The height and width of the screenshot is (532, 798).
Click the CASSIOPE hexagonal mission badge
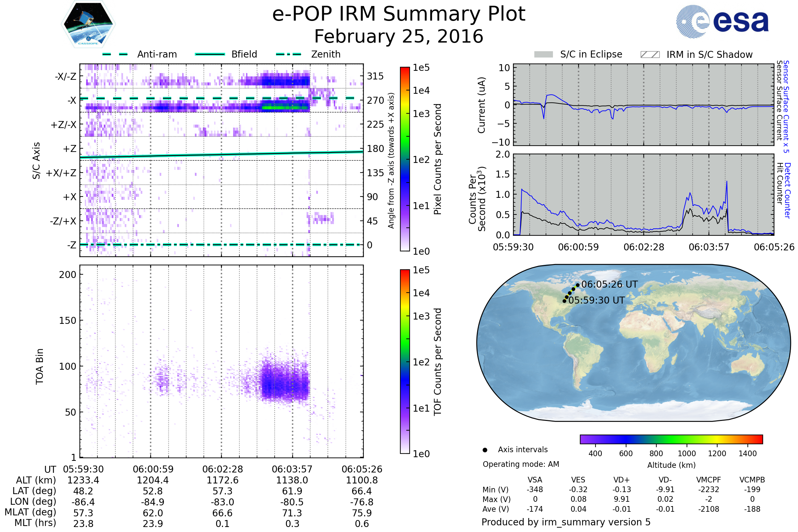[x=88, y=24]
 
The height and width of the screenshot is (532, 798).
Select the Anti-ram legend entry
[x=157, y=54]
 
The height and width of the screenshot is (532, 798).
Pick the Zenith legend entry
[x=326, y=54]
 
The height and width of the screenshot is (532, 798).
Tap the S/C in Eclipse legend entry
[x=591, y=54]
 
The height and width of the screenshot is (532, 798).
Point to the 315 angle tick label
[x=375, y=76]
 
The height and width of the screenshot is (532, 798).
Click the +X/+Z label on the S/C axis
[x=61, y=173]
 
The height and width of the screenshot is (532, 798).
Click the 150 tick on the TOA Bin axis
[x=67, y=321]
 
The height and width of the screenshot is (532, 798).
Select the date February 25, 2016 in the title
[x=399, y=36]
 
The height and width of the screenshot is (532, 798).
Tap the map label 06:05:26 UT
[x=609, y=284]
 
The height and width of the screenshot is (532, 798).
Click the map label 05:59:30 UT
[x=597, y=300]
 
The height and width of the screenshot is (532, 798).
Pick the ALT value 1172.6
[x=222, y=480]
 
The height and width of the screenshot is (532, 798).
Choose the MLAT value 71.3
[x=292, y=513]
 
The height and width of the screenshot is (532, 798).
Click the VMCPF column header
[x=709, y=480]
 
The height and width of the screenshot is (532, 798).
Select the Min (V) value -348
[x=535, y=489]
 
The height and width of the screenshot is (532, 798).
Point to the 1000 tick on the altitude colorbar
[x=686, y=454]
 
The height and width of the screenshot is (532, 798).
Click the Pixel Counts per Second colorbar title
[x=438, y=159]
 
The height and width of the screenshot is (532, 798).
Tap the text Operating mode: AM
[x=521, y=464]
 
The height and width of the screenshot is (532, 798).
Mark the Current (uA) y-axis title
[x=481, y=105]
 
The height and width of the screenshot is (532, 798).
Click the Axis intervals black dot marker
[x=485, y=450]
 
